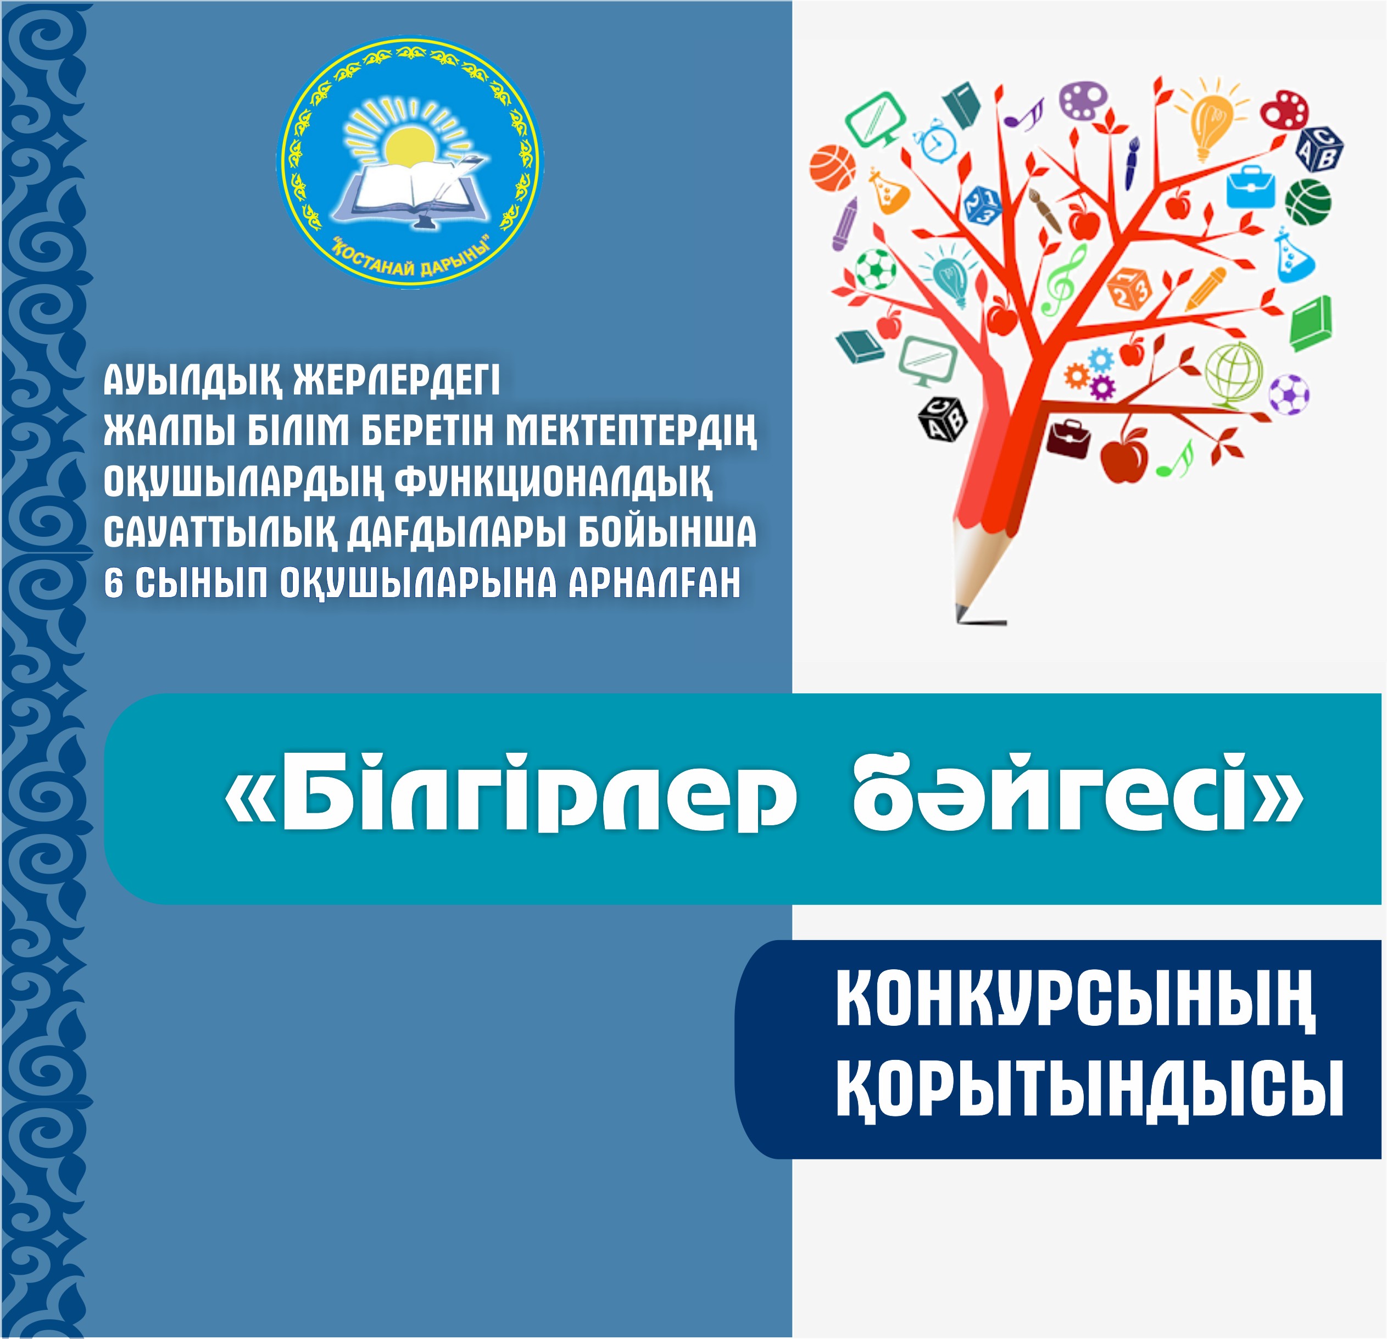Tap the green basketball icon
tap(1308, 202)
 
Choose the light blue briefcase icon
tap(1250, 187)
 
